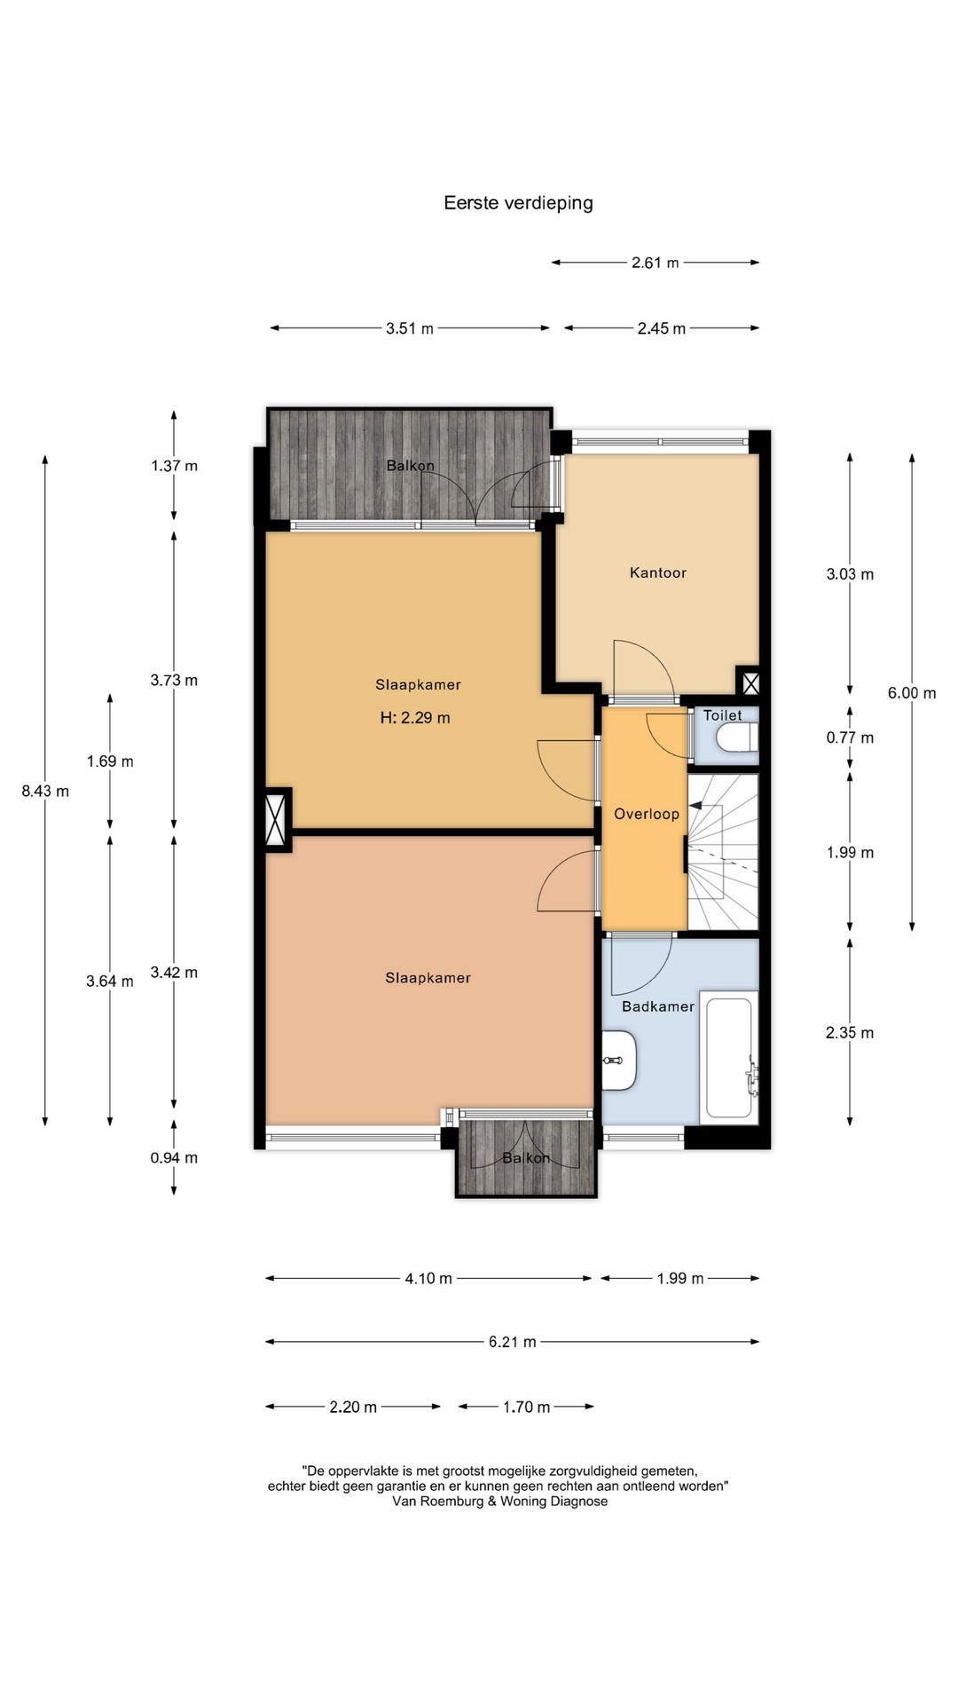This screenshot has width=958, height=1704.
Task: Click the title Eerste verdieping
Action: (x=518, y=203)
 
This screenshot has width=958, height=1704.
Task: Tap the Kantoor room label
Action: (x=658, y=573)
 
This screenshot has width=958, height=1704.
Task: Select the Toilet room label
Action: (x=723, y=715)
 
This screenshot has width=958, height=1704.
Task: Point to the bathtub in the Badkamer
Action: (x=729, y=1058)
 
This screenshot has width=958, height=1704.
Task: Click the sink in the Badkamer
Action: (x=619, y=1061)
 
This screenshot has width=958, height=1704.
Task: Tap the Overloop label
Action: (x=647, y=814)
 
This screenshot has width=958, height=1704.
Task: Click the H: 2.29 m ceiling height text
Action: (x=415, y=718)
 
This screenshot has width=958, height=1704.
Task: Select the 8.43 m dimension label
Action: (x=45, y=791)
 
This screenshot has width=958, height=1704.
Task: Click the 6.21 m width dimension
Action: (x=513, y=1342)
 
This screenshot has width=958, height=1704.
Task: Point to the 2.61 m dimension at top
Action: (x=656, y=263)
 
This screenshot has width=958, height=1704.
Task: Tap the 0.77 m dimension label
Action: (x=850, y=738)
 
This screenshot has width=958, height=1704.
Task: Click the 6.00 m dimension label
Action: (x=912, y=693)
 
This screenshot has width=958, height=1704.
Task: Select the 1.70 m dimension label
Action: (x=527, y=1407)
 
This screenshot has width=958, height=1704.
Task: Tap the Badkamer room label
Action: (x=658, y=1006)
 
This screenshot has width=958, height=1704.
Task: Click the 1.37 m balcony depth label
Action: (x=174, y=466)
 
